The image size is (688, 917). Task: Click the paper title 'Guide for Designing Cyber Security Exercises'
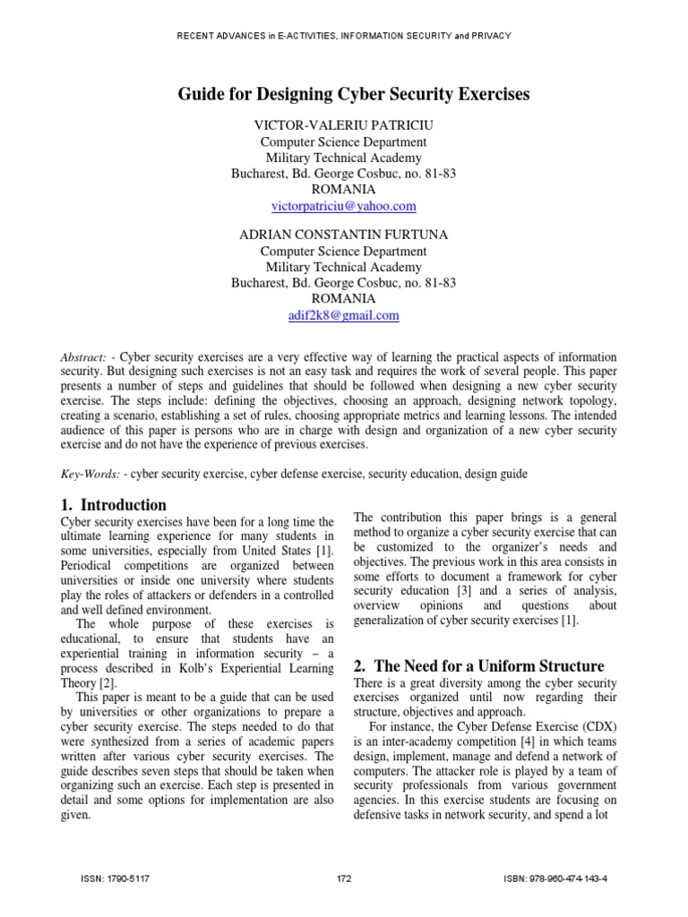point(343,93)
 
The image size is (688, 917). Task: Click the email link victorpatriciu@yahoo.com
point(343,206)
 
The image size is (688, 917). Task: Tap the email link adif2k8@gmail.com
point(343,315)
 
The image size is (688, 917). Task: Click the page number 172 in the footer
point(343,879)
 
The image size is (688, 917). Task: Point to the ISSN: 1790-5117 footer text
point(115,879)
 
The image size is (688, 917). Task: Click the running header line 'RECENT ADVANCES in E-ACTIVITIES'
point(343,36)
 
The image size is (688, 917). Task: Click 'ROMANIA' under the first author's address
point(343,190)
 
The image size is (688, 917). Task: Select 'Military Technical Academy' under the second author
point(343,267)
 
